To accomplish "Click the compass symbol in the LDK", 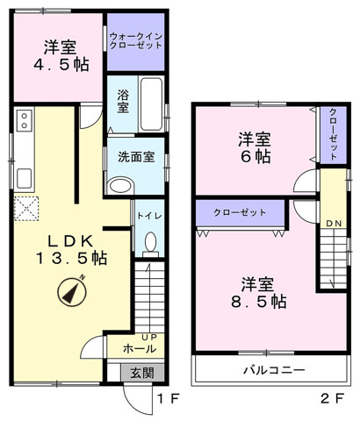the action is [x=72, y=291].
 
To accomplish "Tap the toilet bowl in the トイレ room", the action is [x=150, y=245].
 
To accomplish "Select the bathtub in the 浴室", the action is [x=151, y=104].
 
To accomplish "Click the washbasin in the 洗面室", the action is [x=120, y=185].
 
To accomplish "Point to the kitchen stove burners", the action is [x=24, y=120].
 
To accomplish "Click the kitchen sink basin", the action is [x=24, y=179].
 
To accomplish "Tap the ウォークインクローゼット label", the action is [x=136, y=41].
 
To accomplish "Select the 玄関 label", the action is [x=142, y=373].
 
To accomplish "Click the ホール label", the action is [x=140, y=348].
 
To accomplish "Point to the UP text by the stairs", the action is [x=149, y=337].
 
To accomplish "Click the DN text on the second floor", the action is [x=334, y=224].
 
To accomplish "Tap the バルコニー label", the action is [x=274, y=370].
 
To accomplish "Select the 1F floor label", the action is [x=168, y=398].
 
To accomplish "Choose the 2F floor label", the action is [x=332, y=398].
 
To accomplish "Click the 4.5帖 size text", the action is [x=61, y=65].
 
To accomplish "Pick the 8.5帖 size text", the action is [x=259, y=302].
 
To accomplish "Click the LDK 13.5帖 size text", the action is [x=71, y=258].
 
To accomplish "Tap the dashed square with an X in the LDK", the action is [x=26, y=209].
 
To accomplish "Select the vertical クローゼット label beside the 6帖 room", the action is [x=333, y=134].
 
